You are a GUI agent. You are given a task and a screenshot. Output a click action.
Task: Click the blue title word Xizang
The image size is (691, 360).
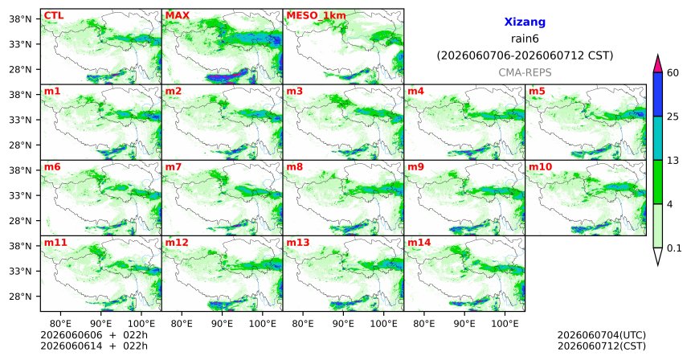[x=525, y=22]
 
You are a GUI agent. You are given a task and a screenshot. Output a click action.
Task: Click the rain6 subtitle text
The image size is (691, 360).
[x=525, y=39]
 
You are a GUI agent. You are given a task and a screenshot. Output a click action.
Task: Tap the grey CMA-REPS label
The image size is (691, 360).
[x=525, y=72]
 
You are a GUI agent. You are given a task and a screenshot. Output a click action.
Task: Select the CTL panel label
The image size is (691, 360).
[x=54, y=16]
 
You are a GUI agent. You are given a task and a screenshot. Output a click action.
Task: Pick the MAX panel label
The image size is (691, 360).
[x=177, y=16]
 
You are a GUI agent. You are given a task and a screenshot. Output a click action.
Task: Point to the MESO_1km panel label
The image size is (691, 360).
[x=316, y=16]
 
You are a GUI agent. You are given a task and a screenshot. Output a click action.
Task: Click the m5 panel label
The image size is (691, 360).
[x=537, y=92]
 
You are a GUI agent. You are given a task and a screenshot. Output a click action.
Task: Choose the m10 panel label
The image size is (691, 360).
[x=540, y=167]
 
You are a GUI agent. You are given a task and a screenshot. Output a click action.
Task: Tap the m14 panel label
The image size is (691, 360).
[x=419, y=243]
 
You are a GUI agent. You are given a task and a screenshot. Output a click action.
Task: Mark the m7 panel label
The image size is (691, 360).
[x=174, y=167]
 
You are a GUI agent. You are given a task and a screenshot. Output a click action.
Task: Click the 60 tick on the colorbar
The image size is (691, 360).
[x=673, y=73]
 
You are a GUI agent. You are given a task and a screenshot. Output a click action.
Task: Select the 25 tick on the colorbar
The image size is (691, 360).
[x=673, y=117]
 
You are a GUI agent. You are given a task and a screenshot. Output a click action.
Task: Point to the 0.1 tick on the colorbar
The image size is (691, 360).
[x=674, y=248]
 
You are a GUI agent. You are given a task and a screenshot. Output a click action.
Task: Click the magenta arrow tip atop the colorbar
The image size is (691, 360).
[x=657, y=55]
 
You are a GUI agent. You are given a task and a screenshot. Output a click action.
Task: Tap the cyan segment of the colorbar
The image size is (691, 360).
[x=657, y=138]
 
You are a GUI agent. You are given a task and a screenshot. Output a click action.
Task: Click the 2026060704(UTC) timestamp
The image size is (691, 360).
[x=602, y=336]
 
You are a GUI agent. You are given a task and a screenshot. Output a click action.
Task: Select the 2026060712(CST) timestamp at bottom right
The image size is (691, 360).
[x=602, y=346]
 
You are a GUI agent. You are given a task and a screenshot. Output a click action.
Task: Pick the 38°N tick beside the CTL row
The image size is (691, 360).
[x=21, y=19]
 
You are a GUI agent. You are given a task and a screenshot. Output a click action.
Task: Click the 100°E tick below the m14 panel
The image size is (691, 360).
[x=505, y=325]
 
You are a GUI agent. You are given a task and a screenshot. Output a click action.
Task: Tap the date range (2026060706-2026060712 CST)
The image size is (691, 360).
[x=525, y=56]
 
